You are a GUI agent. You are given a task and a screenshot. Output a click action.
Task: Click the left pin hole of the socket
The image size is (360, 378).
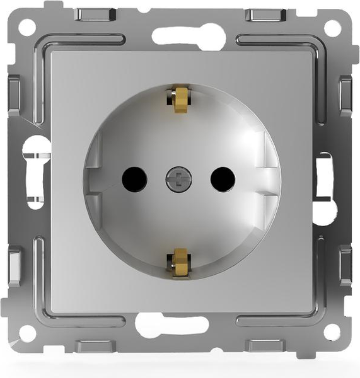(134, 180)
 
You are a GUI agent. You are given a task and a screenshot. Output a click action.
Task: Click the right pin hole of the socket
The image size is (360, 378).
(223, 180)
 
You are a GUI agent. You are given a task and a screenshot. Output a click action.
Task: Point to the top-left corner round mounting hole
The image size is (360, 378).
(27, 27)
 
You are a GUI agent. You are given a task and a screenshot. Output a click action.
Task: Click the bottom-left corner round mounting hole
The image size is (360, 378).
(27, 333)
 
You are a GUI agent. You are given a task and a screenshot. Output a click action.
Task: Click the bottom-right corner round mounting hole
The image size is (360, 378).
(332, 332)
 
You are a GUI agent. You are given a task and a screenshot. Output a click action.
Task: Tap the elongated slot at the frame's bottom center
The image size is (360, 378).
(171, 325)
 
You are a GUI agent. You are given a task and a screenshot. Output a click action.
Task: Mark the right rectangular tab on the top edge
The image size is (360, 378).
(265, 15)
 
